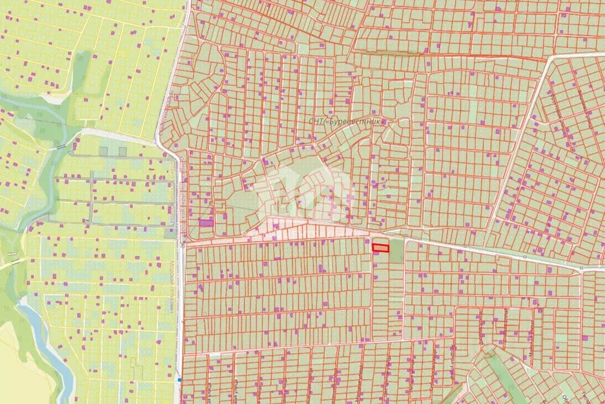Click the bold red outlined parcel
[380, 248]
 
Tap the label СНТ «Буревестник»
[347, 120]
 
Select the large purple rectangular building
[205, 223]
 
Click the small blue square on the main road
[179, 380]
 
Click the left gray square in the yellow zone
[104, 151]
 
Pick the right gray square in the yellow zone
[122, 151]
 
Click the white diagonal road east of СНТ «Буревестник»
[520, 142]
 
